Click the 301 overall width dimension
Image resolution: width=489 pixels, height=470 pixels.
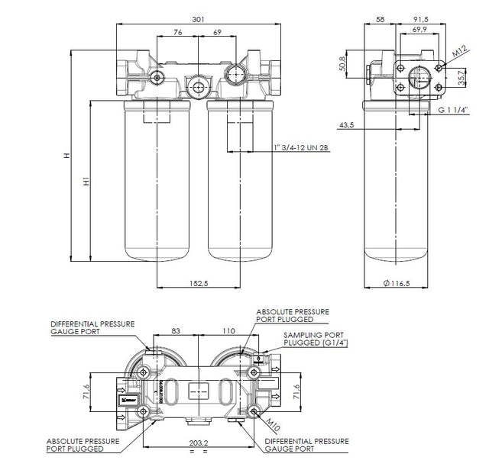click(199, 18)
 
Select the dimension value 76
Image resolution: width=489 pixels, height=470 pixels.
click(176, 32)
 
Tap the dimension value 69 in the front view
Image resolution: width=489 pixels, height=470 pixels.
click(217, 32)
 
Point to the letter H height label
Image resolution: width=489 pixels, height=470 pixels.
click(66, 156)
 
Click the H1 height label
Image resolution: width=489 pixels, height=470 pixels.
click(86, 183)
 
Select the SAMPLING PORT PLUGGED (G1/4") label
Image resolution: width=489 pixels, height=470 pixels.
click(314, 340)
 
